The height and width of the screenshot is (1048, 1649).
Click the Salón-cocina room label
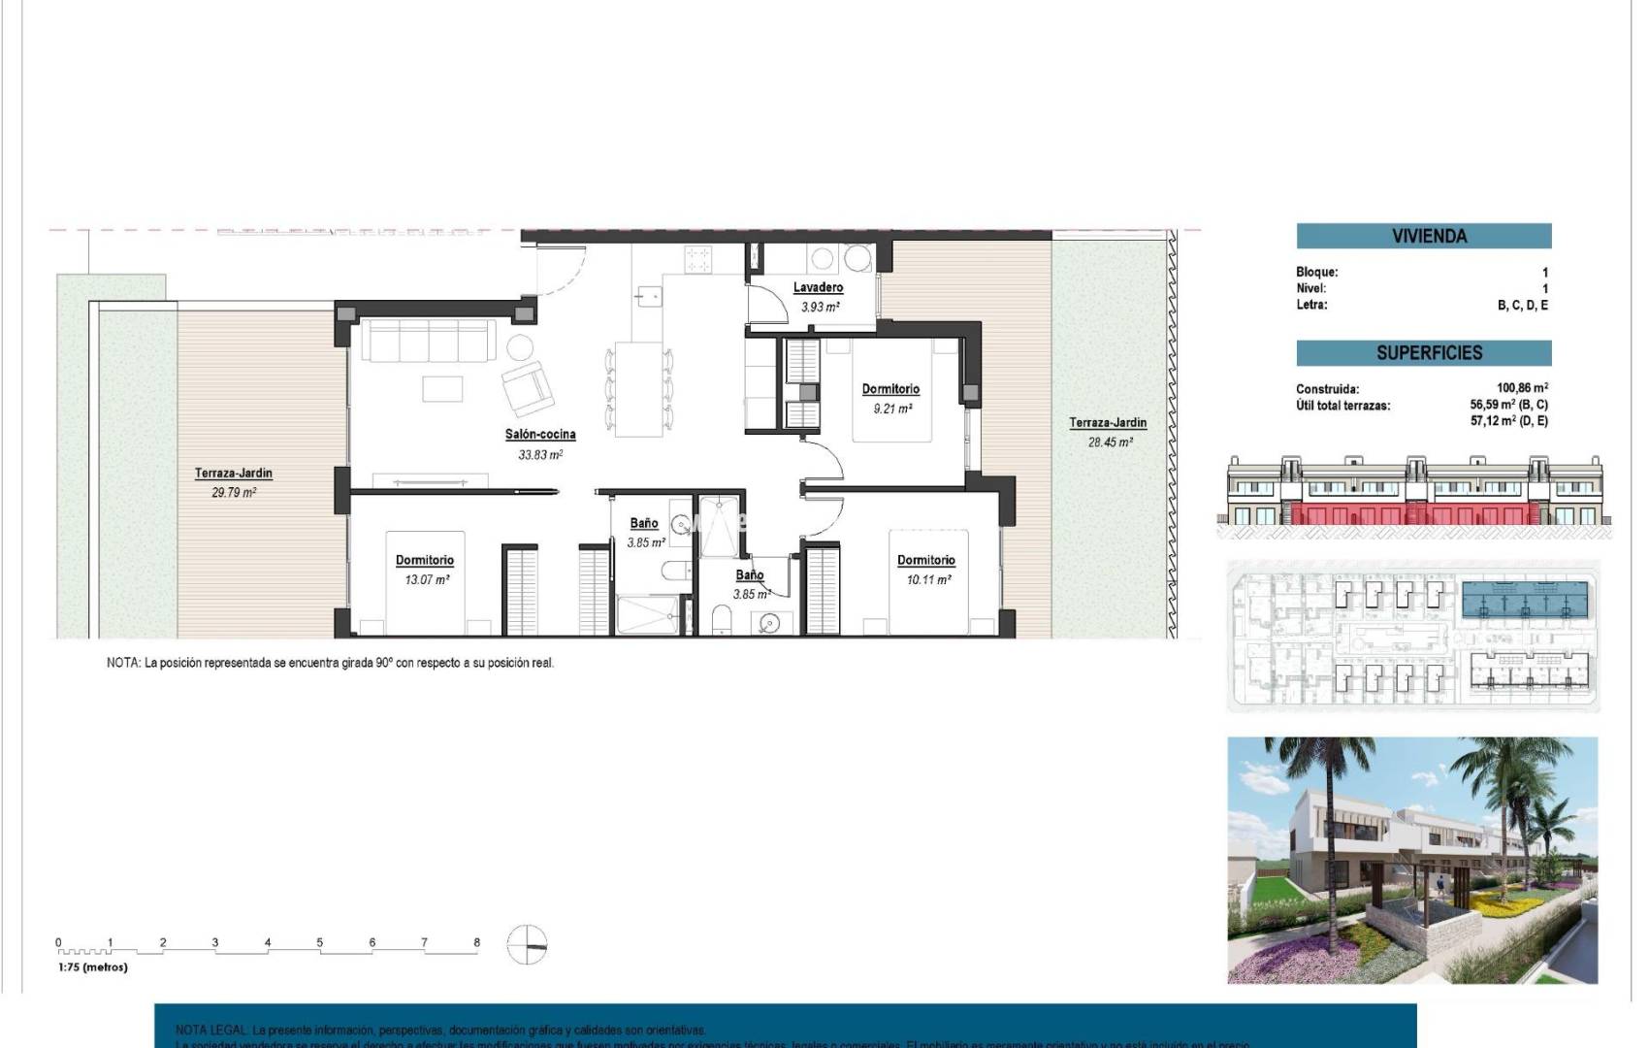(540, 435)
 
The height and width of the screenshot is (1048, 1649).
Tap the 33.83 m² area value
(540, 455)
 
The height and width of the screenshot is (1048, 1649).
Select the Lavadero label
(818, 287)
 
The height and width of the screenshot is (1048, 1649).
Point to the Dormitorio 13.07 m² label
(424, 560)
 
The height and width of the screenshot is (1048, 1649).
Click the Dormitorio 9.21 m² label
(890, 389)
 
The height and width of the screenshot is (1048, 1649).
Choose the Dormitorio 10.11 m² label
(925, 560)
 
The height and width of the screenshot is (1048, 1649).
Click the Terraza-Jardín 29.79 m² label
(233, 474)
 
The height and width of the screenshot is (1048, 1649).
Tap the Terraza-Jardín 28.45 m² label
(1108, 423)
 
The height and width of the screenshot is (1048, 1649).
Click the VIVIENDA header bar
(1423, 236)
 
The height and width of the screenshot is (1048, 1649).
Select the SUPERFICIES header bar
(1423, 353)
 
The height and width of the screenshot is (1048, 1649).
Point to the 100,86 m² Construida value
(1521, 388)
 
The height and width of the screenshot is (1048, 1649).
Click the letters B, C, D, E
(1522, 305)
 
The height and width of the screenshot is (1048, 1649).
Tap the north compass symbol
(527, 944)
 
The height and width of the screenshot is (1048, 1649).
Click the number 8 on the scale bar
(476, 942)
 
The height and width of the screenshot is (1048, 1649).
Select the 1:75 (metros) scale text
(93, 966)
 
